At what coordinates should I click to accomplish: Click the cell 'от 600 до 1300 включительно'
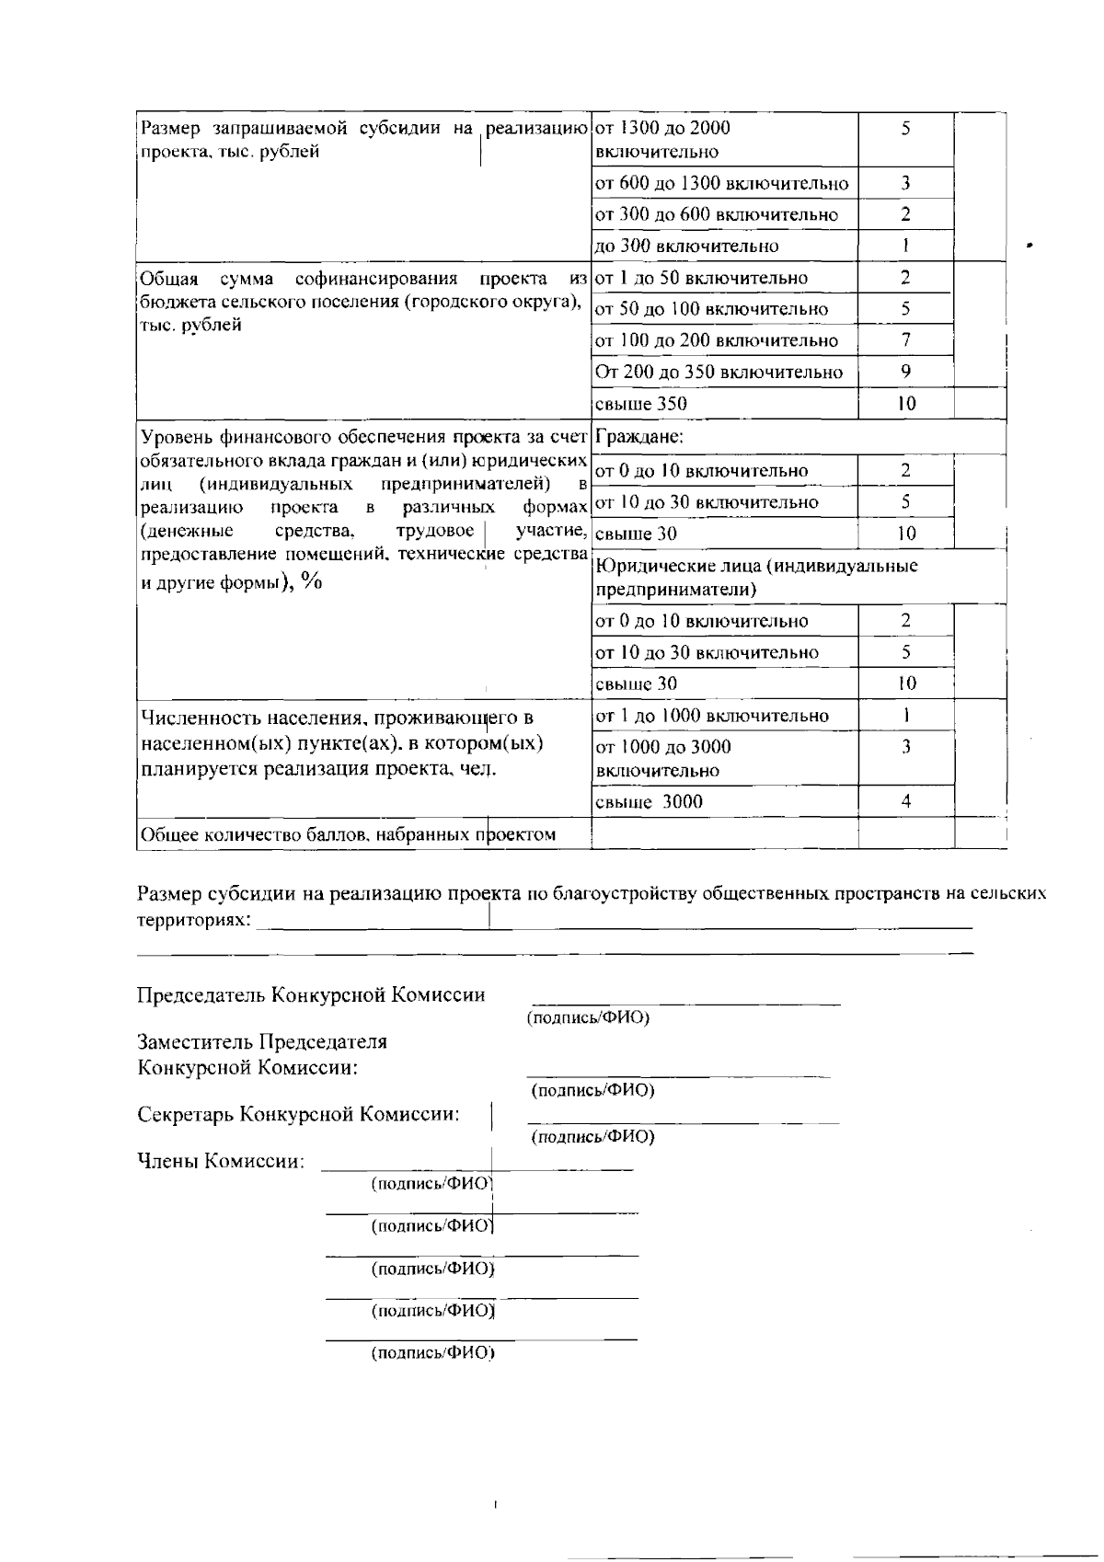722,184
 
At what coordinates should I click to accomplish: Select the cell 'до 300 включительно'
687,247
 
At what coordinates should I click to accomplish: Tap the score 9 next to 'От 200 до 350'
905,372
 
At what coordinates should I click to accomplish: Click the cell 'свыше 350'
641,404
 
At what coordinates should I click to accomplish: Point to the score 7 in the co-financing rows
905,340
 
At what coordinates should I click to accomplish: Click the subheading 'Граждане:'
639,437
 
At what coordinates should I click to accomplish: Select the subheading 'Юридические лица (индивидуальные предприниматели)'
756,578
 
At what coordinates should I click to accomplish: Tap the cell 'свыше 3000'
650,802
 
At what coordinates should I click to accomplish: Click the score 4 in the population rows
905,802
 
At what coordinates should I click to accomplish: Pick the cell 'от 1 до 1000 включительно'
712,716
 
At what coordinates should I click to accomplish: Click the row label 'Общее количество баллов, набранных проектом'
347,835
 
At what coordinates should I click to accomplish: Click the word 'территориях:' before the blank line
193,920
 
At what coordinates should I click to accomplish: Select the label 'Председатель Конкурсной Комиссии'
311,995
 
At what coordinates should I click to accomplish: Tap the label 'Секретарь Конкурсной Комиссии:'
298,1115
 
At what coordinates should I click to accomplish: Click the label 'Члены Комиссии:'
221,1162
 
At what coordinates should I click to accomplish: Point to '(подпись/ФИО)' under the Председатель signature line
588,1018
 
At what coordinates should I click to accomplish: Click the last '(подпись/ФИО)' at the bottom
432,1354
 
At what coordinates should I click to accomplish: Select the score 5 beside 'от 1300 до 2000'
905,129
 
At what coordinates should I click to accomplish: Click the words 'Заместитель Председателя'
262,1042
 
